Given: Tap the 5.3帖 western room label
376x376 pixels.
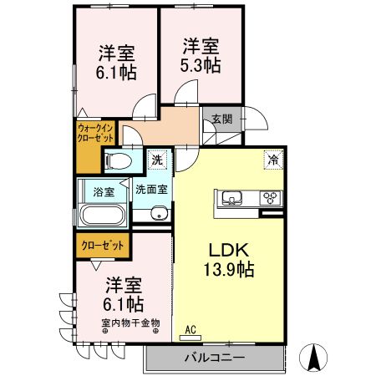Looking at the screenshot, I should click(x=201, y=56).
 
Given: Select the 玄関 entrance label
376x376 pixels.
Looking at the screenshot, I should click(x=222, y=119).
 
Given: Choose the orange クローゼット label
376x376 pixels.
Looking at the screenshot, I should click(x=103, y=246).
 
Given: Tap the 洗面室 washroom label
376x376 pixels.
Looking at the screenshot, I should click(x=151, y=189).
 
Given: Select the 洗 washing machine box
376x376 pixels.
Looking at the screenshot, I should click(x=156, y=159).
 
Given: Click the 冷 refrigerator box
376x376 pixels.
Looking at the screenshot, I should click(x=272, y=157).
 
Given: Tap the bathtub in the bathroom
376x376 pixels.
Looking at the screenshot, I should click(x=103, y=215).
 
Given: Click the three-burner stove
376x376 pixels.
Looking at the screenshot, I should click(x=271, y=199).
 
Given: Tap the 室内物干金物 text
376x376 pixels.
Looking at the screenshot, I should click(x=130, y=323).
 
